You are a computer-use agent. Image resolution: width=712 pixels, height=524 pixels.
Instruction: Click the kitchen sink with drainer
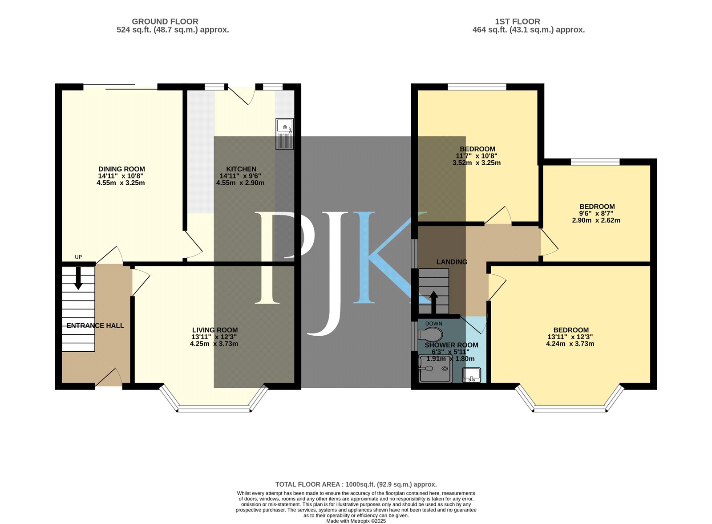pos(284,134)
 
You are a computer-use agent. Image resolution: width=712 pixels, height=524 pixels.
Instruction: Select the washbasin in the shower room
pos(471,375)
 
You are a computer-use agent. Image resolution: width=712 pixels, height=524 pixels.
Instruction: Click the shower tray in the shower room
pos(436,369)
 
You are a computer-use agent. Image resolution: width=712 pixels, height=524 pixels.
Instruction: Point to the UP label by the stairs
pos(78,257)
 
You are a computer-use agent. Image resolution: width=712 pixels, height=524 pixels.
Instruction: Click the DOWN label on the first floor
pos(433,323)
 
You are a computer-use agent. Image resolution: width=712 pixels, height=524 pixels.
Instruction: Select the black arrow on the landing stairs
pos(433,303)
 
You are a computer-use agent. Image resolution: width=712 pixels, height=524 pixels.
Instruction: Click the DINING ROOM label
pos(121,169)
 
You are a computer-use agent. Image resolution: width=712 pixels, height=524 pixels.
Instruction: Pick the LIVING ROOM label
pos(215,330)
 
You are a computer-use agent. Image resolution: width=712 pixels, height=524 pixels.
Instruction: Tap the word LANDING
pos(452,262)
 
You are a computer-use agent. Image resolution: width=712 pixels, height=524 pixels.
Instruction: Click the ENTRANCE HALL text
pos(95,325)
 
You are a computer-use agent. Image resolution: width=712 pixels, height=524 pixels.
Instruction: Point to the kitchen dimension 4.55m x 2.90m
pos(240,183)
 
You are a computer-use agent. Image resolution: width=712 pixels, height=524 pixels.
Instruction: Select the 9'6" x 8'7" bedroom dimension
pos(597,213)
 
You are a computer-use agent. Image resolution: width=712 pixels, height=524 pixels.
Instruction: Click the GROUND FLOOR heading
pos(165,22)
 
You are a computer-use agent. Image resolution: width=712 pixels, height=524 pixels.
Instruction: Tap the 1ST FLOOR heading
pos(518,22)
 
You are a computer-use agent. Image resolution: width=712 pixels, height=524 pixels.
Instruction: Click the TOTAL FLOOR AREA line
pos(356,484)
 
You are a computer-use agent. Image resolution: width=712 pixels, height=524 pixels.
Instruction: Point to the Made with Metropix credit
pos(356,521)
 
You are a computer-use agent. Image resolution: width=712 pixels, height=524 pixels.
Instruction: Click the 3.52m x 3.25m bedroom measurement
pos(477,163)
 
